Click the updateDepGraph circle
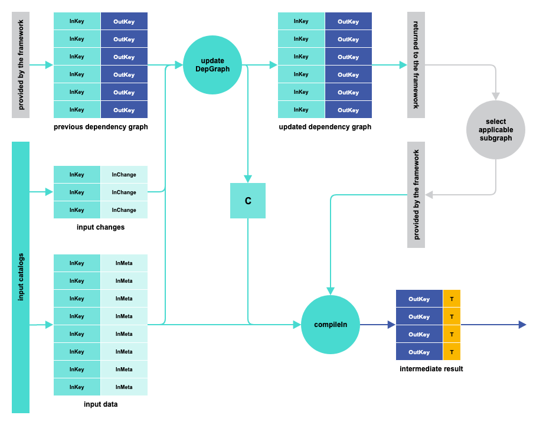[212, 65]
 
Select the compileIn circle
[331, 325]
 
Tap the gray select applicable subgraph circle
[496, 130]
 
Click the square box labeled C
[248, 201]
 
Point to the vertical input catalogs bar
[21, 277]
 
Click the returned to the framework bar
[416, 65]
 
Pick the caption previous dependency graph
[100, 127]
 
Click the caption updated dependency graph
[325, 127]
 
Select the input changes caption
[100, 227]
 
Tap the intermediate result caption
[431, 369]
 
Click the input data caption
[100, 404]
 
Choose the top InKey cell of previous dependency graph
[77, 21]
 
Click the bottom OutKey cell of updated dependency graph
[348, 110]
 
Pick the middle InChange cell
[124, 192]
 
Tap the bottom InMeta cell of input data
[124, 387]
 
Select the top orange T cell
[452, 299]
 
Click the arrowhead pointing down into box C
[248, 178]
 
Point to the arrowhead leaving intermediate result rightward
[522, 325]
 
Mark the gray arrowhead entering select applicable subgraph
[496, 96]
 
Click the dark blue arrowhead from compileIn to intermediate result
[391, 325]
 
